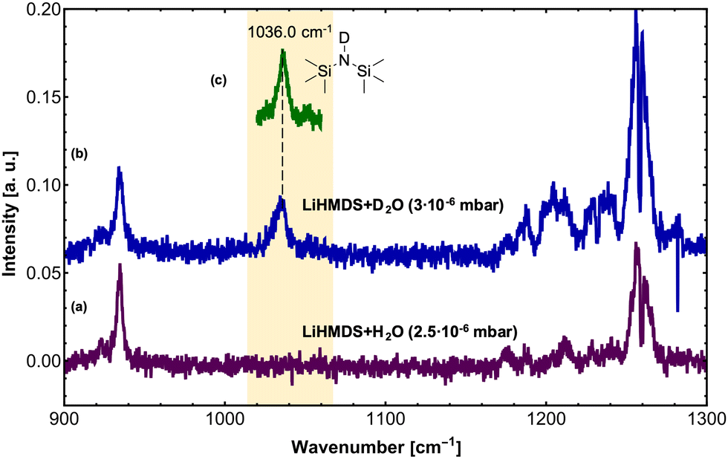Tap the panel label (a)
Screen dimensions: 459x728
coord(80,305)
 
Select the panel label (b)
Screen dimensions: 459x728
coord(80,155)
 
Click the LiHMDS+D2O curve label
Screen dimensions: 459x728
coord(403,205)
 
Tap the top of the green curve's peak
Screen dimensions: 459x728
coord(282,51)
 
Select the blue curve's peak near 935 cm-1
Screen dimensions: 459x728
coord(119,169)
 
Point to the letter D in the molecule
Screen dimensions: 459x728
coord(342,37)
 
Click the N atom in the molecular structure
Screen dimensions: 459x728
coord(342,58)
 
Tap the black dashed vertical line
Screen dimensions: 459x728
coord(282,141)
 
